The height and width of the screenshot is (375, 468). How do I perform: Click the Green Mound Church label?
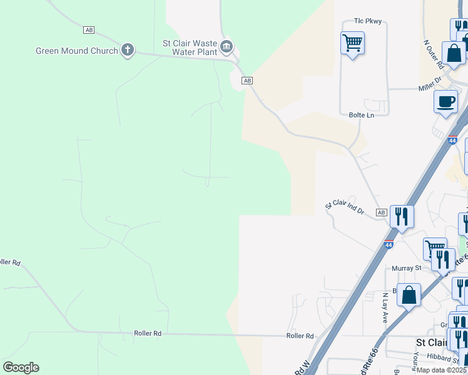[76, 51]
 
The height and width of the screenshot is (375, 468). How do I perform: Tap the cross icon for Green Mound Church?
[128, 50]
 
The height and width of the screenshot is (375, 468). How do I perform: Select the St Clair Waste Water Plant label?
[190, 48]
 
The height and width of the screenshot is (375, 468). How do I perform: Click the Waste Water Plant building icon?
[226, 46]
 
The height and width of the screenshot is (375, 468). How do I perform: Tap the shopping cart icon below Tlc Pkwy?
[353, 44]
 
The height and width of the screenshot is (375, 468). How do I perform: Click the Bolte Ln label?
[361, 115]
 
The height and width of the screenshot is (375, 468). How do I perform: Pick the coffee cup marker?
[445, 102]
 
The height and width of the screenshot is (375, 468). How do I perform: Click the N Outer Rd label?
[433, 54]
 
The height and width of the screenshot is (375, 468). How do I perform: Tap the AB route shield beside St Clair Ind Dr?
[382, 212]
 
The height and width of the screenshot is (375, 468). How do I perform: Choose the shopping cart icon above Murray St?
[434, 248]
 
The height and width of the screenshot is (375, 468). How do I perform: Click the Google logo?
[21, 367]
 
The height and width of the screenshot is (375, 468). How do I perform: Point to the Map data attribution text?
[440, 370]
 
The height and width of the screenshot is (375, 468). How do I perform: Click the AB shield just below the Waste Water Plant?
[247, 81]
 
